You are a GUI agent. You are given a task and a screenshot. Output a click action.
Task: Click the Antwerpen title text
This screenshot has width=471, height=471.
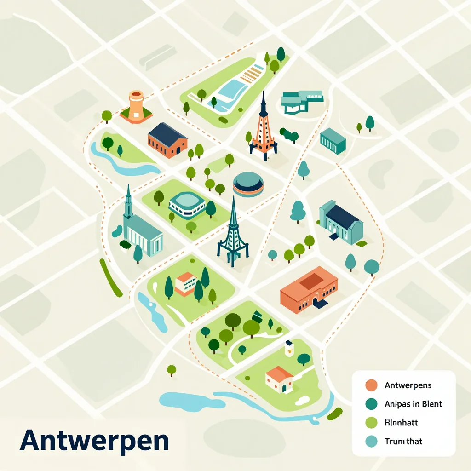pos(94,440)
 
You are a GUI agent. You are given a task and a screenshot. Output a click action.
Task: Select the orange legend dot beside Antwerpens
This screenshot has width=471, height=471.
pos(371,385)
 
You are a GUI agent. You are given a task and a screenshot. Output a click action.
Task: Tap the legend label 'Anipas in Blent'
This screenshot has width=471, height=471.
pos(413,404)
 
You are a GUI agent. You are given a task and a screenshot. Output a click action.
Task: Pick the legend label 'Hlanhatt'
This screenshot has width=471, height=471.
pos(401,422)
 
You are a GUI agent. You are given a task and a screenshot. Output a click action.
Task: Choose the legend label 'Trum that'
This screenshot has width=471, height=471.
pos(403,441)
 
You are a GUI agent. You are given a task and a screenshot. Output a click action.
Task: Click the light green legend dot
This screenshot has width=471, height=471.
pos(371,422)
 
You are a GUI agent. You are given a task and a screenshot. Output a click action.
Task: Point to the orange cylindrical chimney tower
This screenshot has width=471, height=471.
pos(136,106)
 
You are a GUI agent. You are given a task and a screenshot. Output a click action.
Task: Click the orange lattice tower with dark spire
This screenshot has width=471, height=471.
pos(264,131)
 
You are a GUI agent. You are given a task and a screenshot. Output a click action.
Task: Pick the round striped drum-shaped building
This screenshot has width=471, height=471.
pos(248,184)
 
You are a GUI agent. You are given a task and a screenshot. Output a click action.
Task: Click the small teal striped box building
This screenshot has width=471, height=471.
pos(333,140)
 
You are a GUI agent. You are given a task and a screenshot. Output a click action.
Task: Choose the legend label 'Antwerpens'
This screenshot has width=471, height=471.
pos(408,385)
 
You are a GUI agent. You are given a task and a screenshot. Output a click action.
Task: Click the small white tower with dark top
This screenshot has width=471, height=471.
pos(289,348)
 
